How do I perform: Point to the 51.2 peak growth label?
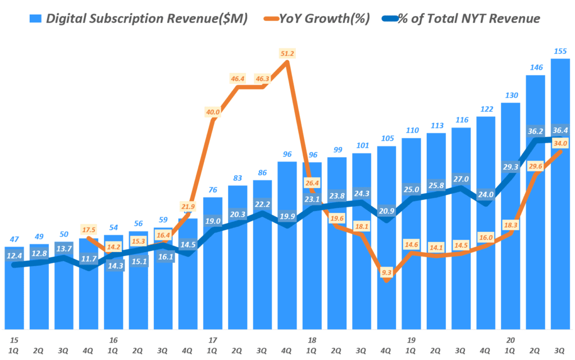point(287,53)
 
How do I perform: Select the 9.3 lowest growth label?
point(386,272)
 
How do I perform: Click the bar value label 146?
point(535,67)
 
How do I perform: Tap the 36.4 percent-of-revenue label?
point(560,130)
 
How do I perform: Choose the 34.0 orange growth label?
point(560,143)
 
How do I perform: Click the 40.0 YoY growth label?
point(212,112)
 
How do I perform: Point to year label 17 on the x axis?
point(212,340)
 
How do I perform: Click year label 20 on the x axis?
point(510,340)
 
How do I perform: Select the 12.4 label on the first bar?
point(14,256)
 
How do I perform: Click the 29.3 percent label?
point(510,166)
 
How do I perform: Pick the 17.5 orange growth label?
point(88,230)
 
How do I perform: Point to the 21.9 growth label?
point(188,207)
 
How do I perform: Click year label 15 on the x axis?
point(14,340)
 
